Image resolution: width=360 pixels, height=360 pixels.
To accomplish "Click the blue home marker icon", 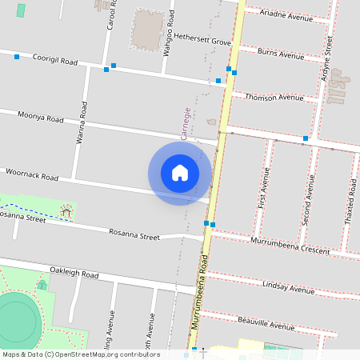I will point(180,173).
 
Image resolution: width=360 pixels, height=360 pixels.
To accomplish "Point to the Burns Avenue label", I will point(281,54).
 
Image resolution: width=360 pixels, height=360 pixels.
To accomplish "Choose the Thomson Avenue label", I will point(274,97).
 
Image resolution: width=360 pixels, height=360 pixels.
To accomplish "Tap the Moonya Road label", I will point(40,118).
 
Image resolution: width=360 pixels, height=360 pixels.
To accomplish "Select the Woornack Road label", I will point(32,174).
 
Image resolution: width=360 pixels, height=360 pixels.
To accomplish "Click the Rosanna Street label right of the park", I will point(134,234).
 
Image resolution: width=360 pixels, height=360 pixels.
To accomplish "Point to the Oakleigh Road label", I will point(74,274).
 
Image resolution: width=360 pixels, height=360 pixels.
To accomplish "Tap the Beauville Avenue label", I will point(266,323).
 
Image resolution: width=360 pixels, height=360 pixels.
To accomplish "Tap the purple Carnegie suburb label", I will point(186,124).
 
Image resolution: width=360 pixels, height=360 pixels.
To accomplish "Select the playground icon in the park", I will point(67,211).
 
